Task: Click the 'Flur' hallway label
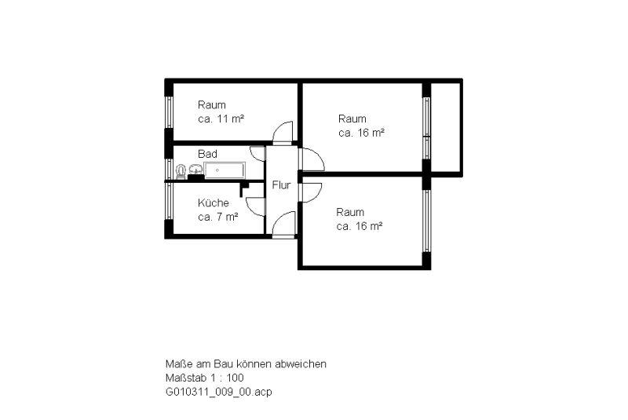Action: [x=281, y=185]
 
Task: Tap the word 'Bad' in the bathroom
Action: [x=207, y=154]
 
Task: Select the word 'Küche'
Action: [x=213, y=203]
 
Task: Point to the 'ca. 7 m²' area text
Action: [x=218, y=217]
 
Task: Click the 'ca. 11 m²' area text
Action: [x=221, y=119]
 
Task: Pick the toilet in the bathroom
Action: [x=181, y=172]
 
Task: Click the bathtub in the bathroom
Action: [x=225, y=170]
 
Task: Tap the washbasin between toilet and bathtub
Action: [x=195, y=170]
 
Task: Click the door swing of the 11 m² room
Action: [x=283, y=131]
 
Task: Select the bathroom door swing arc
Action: [x=257, y=154]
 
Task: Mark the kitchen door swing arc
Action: [x=255, y=207]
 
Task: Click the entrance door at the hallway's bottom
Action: [x=283, y=225]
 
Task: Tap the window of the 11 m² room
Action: [x=169, y=112]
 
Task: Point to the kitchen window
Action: [x=169, y=202]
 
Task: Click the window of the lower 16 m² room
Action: [x=427, y=221]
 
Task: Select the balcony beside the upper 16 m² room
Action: [x=445, y=128]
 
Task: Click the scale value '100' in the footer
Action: [x=235, y=378]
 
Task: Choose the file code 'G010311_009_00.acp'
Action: [x=219, y=392]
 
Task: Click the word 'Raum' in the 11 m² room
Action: [x=212, y=105]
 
